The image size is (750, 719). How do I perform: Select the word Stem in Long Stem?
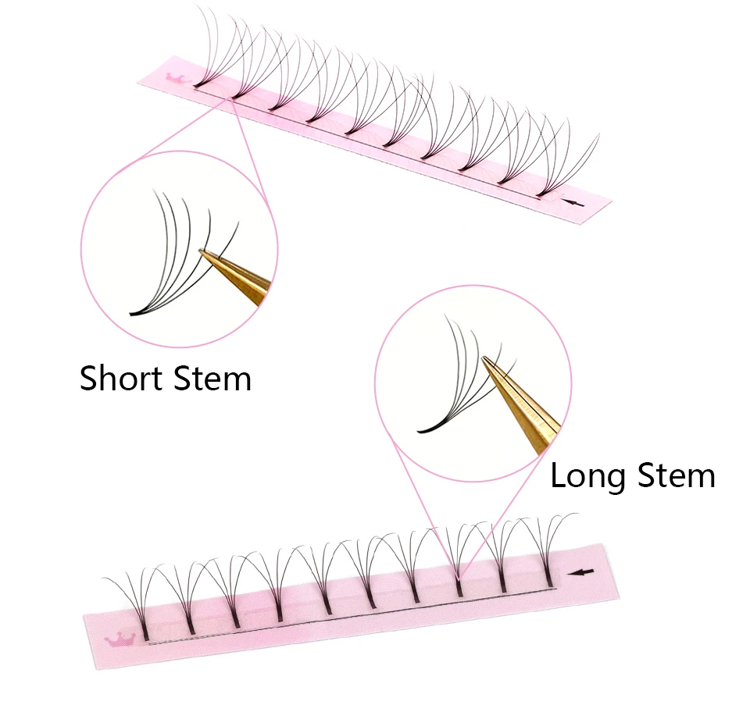click(677, 475)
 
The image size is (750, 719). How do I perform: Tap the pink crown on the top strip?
click(177, 78)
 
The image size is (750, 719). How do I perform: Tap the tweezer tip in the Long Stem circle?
click(486, 360)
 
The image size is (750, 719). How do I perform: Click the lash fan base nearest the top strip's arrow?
click(541, 191)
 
